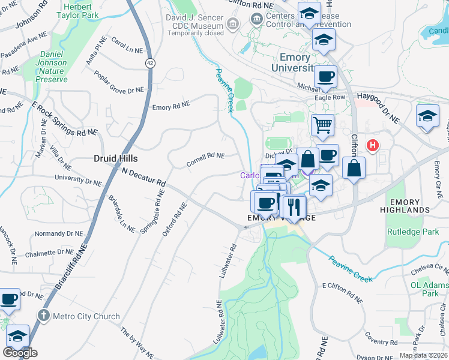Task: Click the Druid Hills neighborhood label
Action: (116, 158)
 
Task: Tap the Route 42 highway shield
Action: (148, 62)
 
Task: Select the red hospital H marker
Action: (373, 145)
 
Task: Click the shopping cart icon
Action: (322, 125)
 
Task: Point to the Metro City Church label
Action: (86, 316)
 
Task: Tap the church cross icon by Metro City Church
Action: (43, 315)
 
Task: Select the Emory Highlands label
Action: (410, 206)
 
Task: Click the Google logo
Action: (20, 353)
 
